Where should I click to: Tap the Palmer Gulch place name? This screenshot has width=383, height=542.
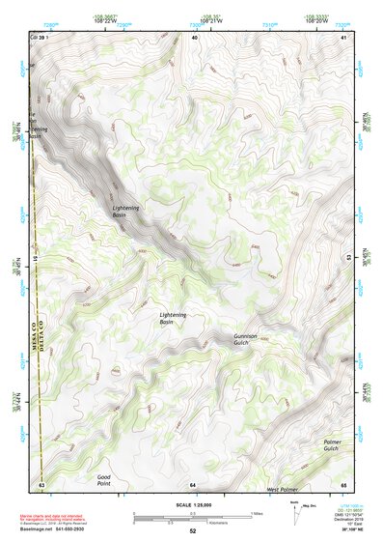point(332,444)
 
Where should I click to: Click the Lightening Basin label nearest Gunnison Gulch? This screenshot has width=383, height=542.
point(173,317)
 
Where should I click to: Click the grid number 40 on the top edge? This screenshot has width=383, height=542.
point(194,37)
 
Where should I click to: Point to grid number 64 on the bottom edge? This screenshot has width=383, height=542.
point(193,483)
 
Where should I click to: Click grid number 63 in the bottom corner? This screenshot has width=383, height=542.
point(41,483)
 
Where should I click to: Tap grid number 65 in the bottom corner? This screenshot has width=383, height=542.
point(343,483)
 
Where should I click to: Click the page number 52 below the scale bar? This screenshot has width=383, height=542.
point(193,530)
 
